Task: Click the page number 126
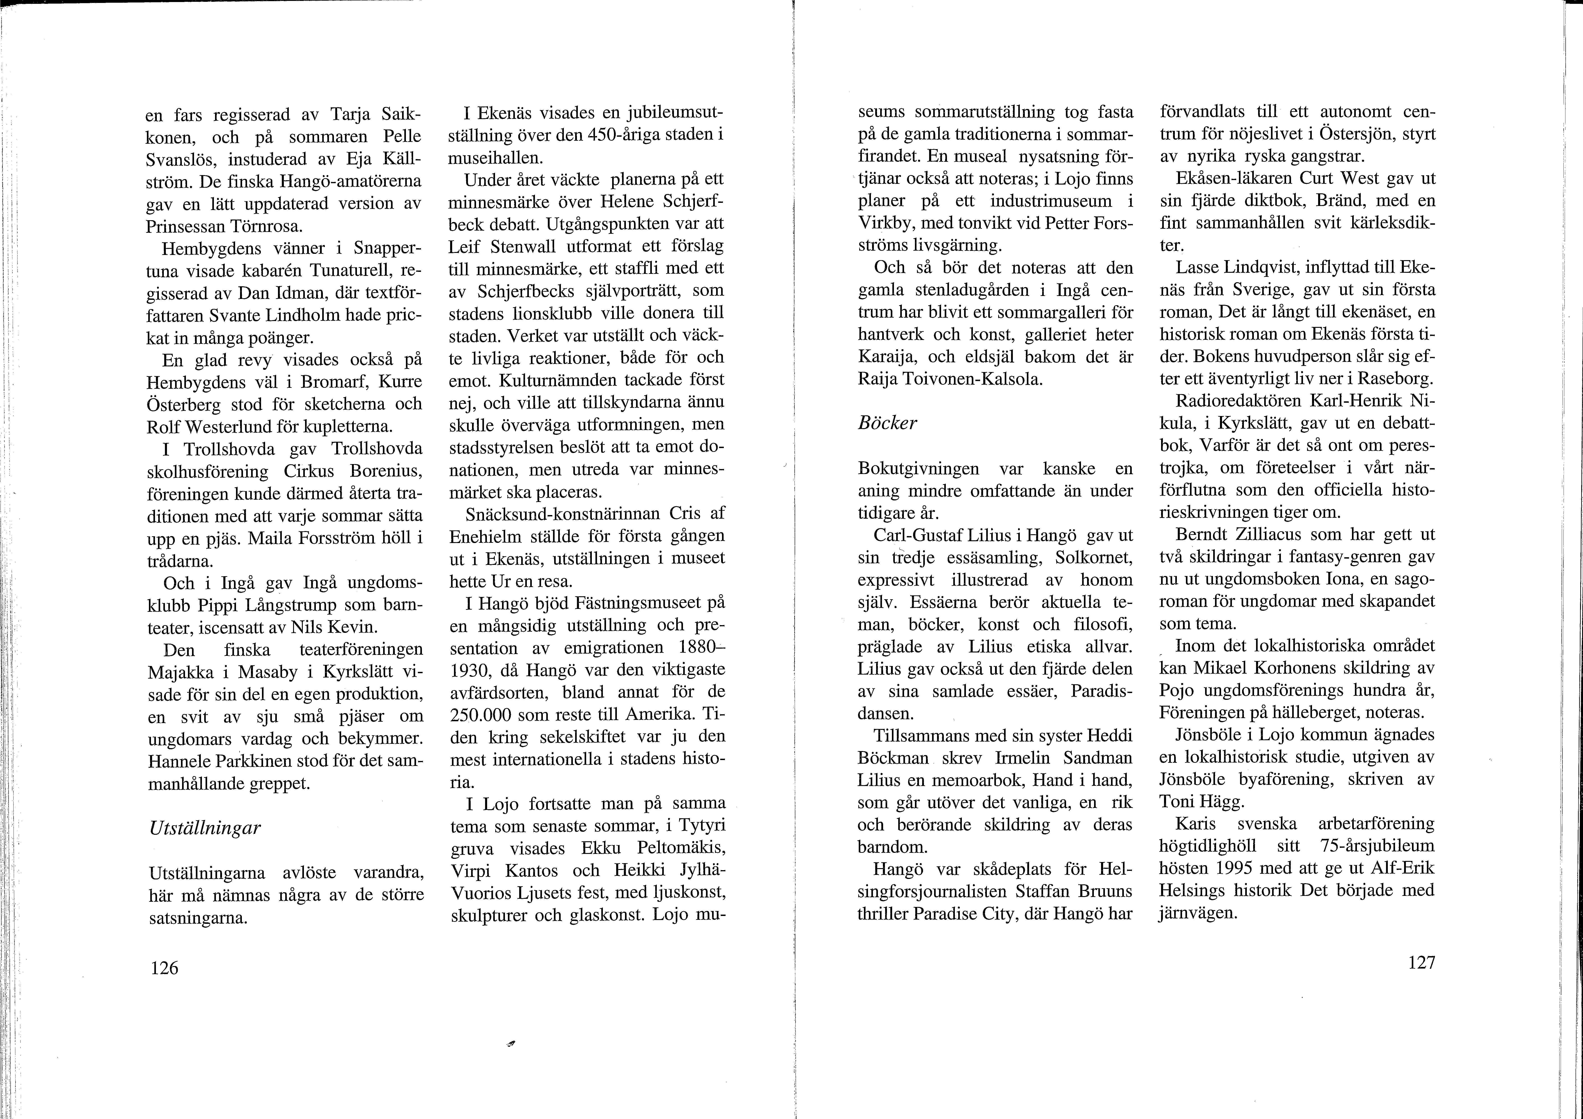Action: pyautogui.click(x=164, y=968)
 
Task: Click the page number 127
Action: pyautogui.click(x=1421, y=962)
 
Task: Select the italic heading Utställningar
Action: pyautogui.click(x=205, y=827)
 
